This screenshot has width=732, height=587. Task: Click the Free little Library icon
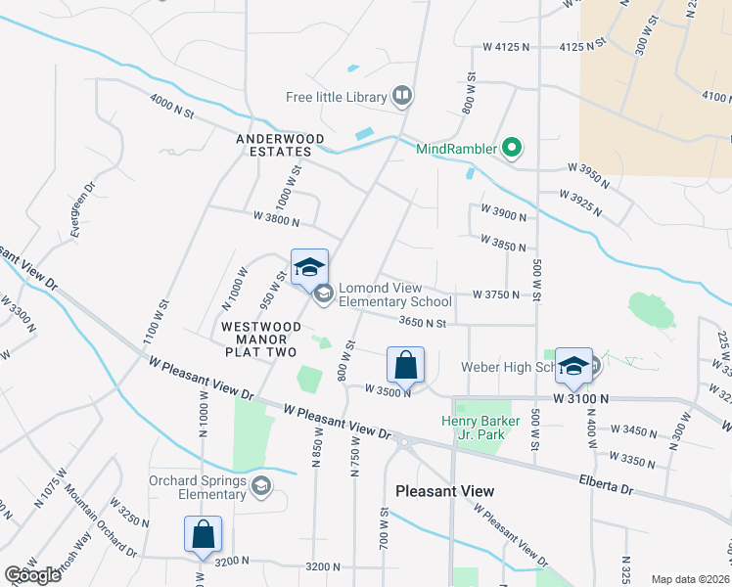coord(401,96)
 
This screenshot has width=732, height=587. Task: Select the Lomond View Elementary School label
coord(394,294)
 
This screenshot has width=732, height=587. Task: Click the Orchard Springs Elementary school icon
coord(261,485)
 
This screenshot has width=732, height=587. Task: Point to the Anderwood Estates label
coord(274,145)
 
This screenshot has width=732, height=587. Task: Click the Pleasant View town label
coord(444,490)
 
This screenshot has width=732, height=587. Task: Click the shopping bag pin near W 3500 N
coord(406,367)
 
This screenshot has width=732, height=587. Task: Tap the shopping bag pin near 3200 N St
coord(203,536)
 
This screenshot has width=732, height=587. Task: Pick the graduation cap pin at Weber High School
coord(573,367)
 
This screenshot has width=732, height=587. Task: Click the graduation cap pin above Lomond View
coord(309,267)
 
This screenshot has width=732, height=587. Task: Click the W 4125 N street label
coord(505,47)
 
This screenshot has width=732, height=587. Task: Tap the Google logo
coord(32,575)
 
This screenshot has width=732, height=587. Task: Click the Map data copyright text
coord(689,579)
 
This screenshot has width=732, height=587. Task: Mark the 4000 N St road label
coord(172,106)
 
